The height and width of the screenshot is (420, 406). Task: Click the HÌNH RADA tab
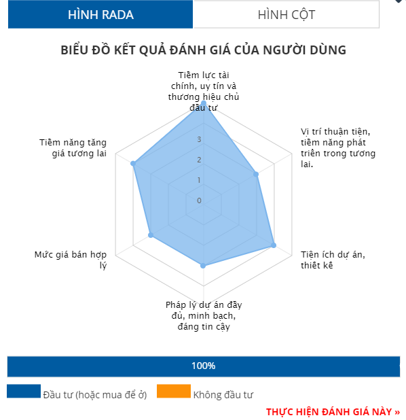pyautogui.click(x=100, y=14)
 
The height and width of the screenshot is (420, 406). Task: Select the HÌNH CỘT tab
pyautogui.click(x=286, y=14)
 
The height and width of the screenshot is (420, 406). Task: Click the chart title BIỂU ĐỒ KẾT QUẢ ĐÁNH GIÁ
pyautogui.click(x=204, y=50)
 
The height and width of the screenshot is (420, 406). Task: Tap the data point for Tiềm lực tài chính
pyautogui.click(x=204, y=103)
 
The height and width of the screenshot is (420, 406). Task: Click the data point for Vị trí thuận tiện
pyautogui.click(x=256, y=175)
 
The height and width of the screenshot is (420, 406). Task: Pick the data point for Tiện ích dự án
pyautogui.click(x=274, y=245)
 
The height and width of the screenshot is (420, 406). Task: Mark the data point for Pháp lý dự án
pyautogui.click(x=203, y=266)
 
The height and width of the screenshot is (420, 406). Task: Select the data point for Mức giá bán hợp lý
pyautogui.click(x=151, y=235)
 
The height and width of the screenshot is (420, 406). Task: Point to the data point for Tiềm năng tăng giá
pyautogui.click(x=133, y=163)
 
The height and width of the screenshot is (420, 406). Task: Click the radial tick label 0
pyautogui.click(x=199, y=200)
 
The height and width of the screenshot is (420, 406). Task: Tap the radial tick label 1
pyautogui.click(x=199, y=180)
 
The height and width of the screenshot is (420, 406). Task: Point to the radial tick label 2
pyautogui.click(x=199, y=160)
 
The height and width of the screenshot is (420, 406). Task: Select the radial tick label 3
pyautogui.click(x=199, y=139)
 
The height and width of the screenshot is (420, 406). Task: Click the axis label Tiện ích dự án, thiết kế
pyautogui.click(x=333, y=260)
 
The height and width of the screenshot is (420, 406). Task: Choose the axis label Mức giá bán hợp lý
pyautogui.click(x=71, y=260)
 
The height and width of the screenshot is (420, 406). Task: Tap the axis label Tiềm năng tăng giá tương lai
pyautogui.click(x=73, y=147)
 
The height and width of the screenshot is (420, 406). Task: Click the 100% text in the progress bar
pyautogui.click(x=204, y=366)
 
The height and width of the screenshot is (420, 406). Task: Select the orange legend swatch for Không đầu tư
pyautogui.click(x=174, y=391)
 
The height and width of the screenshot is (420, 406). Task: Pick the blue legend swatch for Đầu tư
pyautogui.click(x=24, y=391)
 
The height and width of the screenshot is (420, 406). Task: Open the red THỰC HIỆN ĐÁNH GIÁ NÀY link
pyautogui.click(x=333, y=412)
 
